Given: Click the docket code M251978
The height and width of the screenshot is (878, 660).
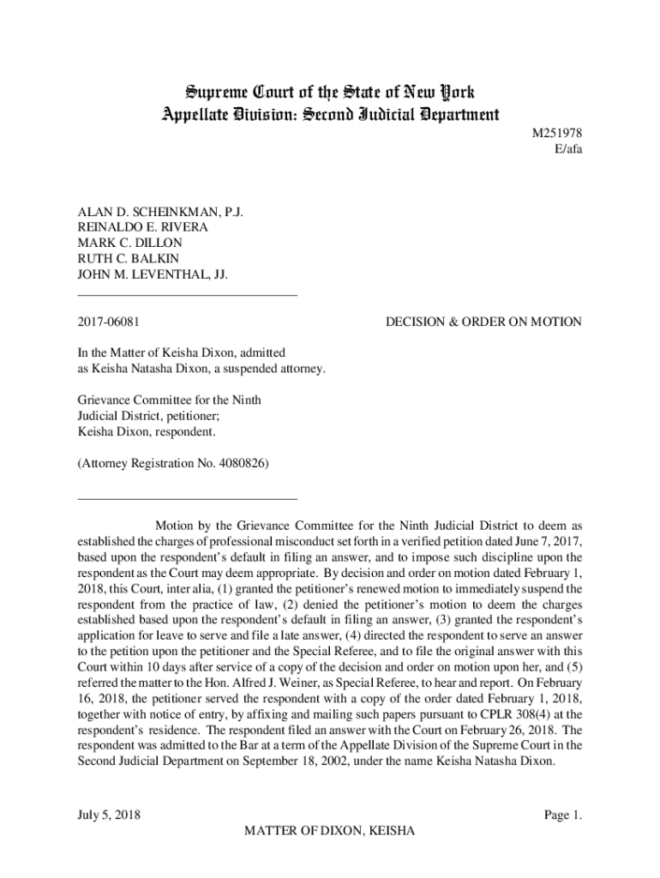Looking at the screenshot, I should pos(557,134).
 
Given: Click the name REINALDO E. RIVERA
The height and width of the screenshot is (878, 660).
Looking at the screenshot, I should pos(143,227).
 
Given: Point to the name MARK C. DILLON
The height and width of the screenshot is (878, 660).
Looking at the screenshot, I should pos(129,243).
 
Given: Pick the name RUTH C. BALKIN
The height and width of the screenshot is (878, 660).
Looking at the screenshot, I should pos(129,259).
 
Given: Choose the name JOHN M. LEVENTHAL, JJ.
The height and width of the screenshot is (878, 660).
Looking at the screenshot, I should pos(147,274).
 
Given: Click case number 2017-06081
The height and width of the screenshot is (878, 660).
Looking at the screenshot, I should pos(110,322).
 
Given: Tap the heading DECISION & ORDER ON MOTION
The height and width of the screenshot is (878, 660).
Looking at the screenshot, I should pos(483,322).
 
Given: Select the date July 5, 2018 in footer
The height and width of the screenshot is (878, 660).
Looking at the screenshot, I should pos(110,815).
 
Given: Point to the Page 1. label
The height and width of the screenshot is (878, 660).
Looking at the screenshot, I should pos(563,815).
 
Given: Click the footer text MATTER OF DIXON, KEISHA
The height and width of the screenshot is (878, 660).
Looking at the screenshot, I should pos(330,832).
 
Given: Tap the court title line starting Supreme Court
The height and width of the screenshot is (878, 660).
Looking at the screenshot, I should pos(330,92).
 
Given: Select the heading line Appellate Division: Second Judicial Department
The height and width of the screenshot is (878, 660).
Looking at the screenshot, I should pos(330,113).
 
